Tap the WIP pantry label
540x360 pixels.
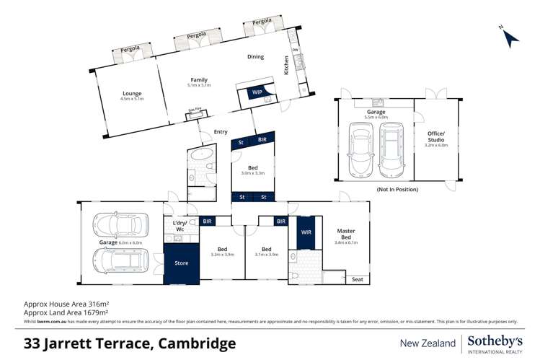tap(257, 93)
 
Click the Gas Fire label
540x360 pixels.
tap(194, 110)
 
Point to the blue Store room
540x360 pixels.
tap(182, 263)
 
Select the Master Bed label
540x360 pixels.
tap(346, 235)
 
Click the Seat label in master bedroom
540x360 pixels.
tap(357, 279)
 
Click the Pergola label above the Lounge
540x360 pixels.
tap(131, 51)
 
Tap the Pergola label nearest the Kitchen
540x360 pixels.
tap(262, 23)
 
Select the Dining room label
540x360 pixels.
tap(255, 57)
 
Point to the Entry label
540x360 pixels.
tap(221, 131)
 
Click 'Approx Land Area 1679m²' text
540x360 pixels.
tap(65, 313)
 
